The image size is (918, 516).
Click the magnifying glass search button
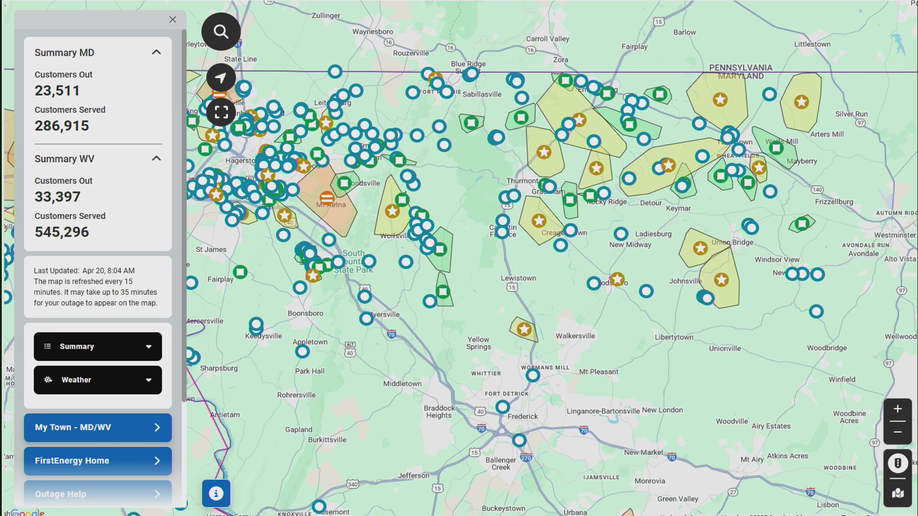pos(221,32)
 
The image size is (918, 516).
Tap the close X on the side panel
pos(173,20)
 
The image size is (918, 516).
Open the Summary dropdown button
pos(98,346)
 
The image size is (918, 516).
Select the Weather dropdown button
pos(98,380)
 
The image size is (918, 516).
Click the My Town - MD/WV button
pos(98,427)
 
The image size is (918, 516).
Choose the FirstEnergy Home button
pos(98,461)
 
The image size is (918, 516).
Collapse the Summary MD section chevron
pos(156,52)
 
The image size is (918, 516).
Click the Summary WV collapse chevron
pos(156,158)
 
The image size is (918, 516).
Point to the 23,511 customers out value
pos(57,90)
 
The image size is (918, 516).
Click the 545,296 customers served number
pos(62,232)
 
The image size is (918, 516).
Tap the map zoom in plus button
pos(897,409)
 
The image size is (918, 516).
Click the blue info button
pos(216,494)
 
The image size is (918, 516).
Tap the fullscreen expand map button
pos(221,112)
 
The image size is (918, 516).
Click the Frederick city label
pos(523,417)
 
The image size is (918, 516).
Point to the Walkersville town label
pos(575,336)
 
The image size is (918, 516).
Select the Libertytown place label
pos(674,337)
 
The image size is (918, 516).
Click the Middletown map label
pos(402,384)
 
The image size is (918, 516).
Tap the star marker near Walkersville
pos(524,329)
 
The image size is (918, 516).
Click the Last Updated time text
pos(84,270)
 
